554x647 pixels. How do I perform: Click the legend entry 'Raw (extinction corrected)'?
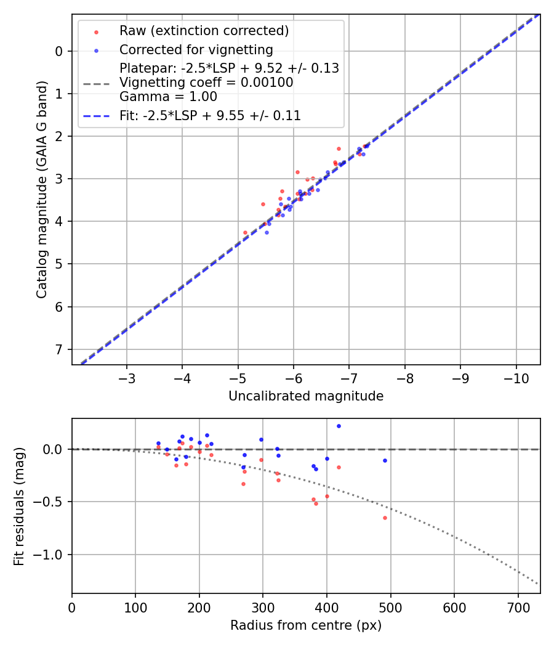[204, 31]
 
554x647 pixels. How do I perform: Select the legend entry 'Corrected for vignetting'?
[196, 49]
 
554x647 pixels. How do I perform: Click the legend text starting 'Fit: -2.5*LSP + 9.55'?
[210, 115]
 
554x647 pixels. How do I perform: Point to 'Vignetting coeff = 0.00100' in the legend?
[206, 83]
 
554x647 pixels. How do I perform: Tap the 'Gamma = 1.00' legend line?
[168, 96]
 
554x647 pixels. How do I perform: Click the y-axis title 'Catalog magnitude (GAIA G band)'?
[41, 189]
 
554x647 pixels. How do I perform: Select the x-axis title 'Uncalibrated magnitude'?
[306, 396]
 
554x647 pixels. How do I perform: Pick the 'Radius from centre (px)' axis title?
[306, 625]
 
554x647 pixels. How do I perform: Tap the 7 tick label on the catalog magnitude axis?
[60, 349]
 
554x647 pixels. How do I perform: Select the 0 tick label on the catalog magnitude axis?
[60, 51]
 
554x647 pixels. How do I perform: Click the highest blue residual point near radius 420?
[339, 426]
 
